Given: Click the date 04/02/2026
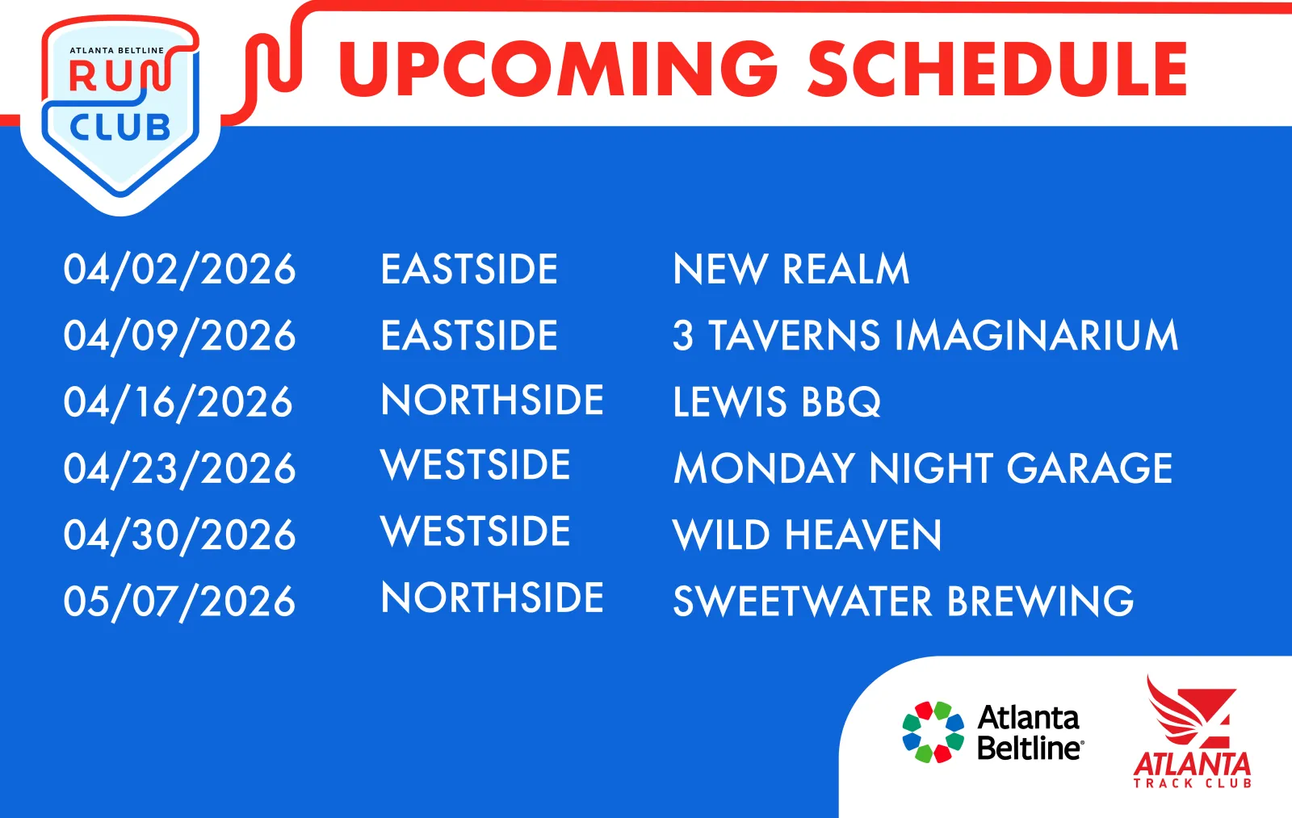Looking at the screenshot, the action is click(179, 270).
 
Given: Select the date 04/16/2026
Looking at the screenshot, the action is click(178, 403).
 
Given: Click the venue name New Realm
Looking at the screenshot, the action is click(791, 270).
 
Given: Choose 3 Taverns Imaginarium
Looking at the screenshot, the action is click(925, 336).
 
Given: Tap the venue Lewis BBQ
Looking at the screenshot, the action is click(777, 402).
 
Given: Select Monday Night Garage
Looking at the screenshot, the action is click(923, 468).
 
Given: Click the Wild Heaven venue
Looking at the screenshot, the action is click(807, 535).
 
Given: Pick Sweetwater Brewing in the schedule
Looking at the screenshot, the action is click(904, 601).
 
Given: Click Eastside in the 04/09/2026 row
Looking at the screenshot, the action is click(469, 335).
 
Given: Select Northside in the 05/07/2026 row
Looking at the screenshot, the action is click(492, 597).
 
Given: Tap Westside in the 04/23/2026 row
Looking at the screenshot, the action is click(476, 464).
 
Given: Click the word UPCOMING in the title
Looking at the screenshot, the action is click(558, 69).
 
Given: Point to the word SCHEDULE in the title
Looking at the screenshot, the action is click(997, 69).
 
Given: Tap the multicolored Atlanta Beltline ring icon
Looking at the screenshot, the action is click(933, 732).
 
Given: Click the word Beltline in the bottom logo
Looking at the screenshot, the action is click(1030, 749).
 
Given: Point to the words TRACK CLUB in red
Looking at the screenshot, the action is click(1192, 782).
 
